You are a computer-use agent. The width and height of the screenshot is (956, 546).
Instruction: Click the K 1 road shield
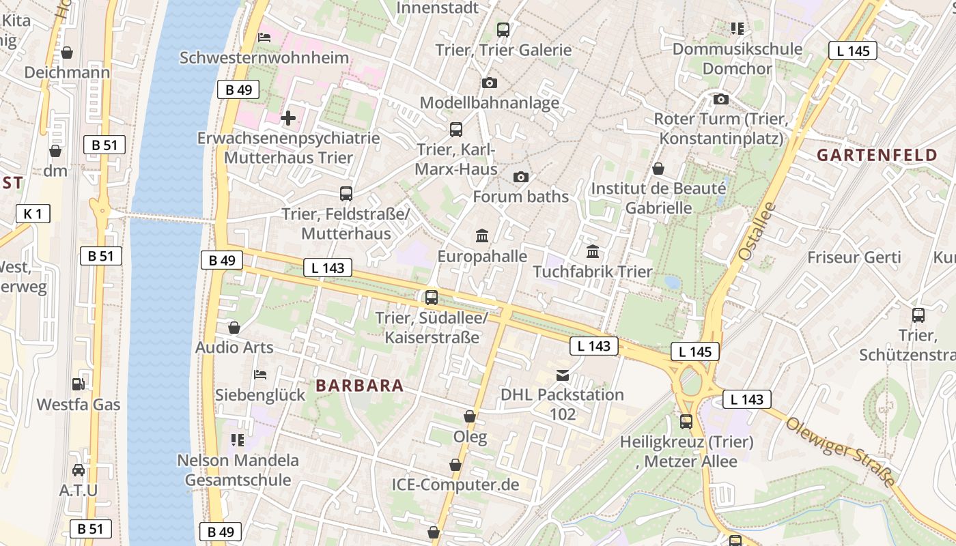[x=33, y=214]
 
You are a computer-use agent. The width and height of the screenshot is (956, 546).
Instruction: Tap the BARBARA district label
[x=359, y=386]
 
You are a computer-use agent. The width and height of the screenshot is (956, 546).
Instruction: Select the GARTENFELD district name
[x=877, y=155]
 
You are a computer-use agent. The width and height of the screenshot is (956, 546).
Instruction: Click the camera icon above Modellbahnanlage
[x=490, y=83]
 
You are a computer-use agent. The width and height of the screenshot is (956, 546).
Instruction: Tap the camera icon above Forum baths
[x=521, y=177]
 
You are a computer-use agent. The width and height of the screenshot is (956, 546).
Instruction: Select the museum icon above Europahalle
[x=482, y=236]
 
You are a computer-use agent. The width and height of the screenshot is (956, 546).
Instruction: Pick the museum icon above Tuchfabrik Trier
[x=593, y=252]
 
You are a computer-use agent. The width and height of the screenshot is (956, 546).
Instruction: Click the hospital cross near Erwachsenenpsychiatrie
[x=288, y=118]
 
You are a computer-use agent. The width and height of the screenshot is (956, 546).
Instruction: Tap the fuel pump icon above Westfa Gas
[x=79, y=384]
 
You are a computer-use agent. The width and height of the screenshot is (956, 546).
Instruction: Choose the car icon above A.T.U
[x=79, y=470]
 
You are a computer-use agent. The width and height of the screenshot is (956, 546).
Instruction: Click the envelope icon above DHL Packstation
[x=562, y=375]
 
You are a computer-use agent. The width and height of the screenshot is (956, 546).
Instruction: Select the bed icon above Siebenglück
[x=260, y=374]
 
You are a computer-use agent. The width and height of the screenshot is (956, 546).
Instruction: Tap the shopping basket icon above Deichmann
[x=67, y=52]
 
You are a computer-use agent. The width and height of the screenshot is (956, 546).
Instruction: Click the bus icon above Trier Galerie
[x=503, y=29]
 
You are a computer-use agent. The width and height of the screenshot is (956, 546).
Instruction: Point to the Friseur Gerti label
[x=854, y=257]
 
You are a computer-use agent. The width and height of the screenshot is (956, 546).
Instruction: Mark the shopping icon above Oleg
[x=470, y=416]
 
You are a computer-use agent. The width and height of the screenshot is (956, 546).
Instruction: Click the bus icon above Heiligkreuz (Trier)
[x=686, y=422]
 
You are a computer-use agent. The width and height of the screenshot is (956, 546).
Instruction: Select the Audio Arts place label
[x=234, y=347]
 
